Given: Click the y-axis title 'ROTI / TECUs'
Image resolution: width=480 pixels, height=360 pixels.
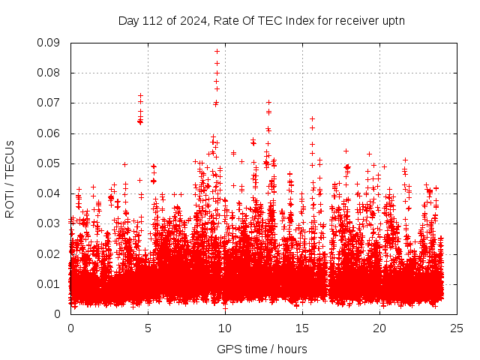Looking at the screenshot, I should click(10, 178).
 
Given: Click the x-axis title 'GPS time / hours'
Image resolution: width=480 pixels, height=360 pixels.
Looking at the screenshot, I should click(262, 349).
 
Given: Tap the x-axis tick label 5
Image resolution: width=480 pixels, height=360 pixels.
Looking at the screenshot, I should click(148, 328).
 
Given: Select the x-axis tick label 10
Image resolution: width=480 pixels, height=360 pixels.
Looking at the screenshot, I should click(225, 328).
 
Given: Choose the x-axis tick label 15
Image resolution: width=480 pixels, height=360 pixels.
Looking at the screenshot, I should click(302, 328).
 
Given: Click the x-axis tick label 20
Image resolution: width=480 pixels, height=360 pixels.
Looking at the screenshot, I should click(379, 328).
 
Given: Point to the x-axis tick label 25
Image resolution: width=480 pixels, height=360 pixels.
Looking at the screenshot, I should click(457, 328).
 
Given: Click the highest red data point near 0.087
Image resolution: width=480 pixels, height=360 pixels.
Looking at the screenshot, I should click(217, 51).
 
